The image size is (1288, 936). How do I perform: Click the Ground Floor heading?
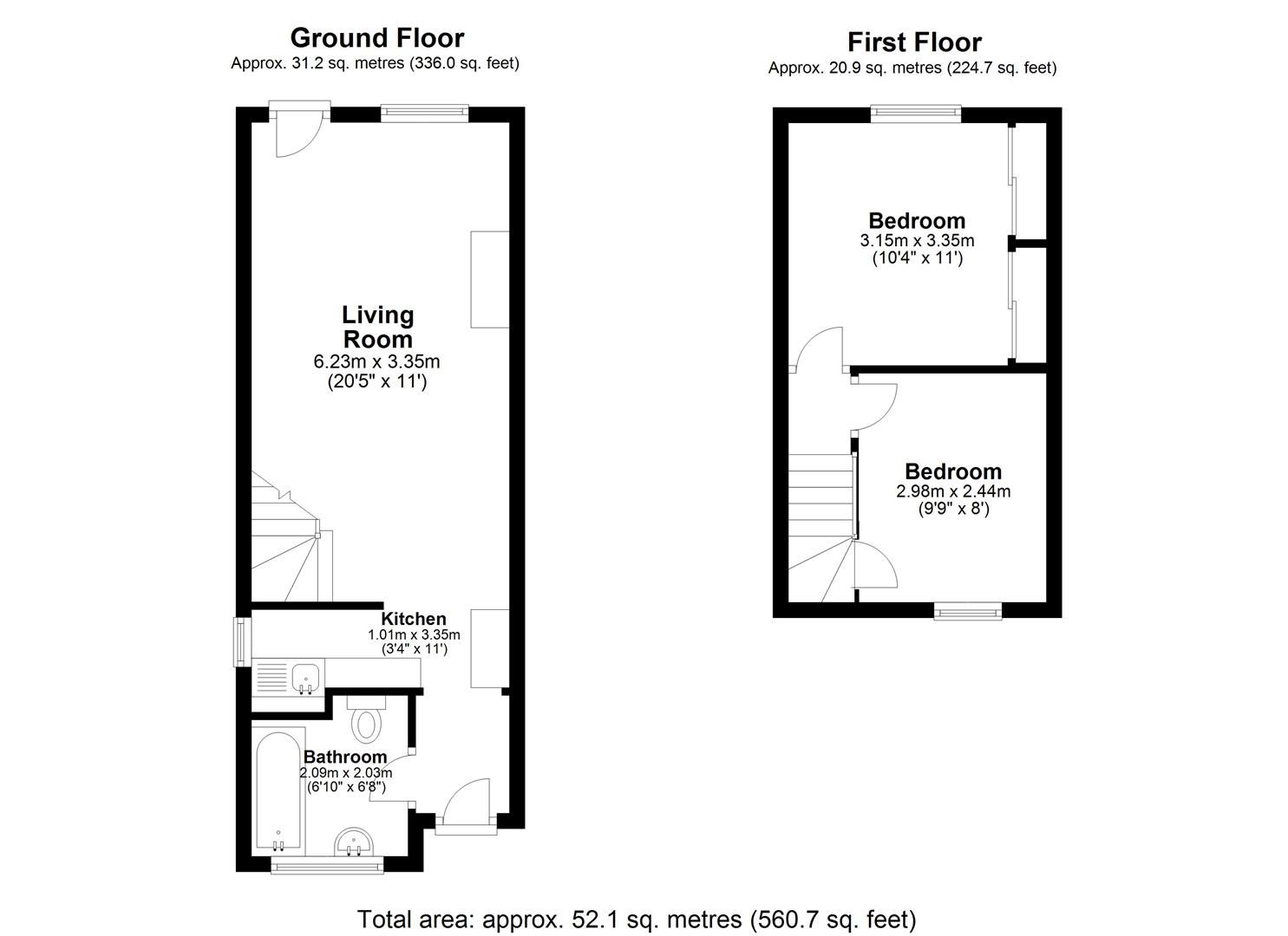click(376, 38)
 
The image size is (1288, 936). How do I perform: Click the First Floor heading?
click(914, 42)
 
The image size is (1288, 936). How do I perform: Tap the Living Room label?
click(377, 327)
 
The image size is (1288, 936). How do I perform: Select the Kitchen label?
click(414, 619)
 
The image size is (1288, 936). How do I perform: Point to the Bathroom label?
click(345, 757)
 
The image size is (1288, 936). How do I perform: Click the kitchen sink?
click(305, 677)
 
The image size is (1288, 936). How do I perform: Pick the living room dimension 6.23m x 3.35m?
click(377, 361)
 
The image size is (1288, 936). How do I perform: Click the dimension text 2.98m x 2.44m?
click(953, 491)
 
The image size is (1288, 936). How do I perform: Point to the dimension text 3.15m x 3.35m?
click(917, 241)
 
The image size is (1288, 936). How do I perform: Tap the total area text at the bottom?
click(637, 919)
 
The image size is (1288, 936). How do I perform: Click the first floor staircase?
click(820, 520)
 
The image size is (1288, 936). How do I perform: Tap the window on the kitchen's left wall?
click(239, 641)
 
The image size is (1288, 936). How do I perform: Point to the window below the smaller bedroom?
click(967, 611)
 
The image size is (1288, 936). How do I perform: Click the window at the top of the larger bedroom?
click(916, 113)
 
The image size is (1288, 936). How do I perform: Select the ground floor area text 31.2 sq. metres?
click(375, 63)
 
